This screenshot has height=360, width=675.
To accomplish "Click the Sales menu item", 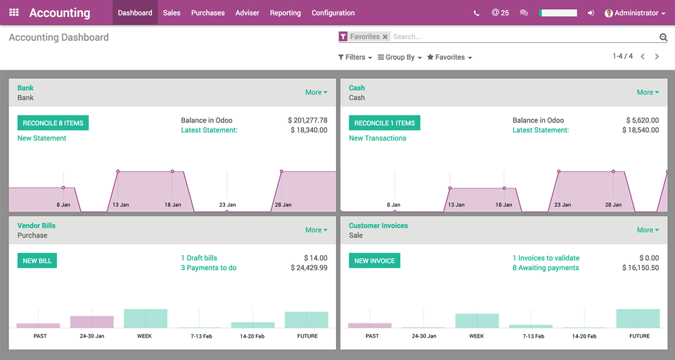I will (x=172, y=13).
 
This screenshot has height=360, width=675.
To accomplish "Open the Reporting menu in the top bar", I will (x=285, y=13).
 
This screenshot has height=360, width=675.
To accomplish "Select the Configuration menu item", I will (x=333, y=13).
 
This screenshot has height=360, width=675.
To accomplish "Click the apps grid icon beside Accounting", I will (x=14, y=13).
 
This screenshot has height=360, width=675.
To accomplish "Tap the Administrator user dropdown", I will (x=635, y=13).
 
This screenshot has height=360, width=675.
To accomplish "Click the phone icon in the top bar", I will (x=477, y=13).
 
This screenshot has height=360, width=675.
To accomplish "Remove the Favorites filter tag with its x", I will (x=385, y=37).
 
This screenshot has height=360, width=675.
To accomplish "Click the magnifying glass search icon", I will (x=663, y=37).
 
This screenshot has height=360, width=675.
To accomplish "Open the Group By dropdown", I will (x=400, y=57).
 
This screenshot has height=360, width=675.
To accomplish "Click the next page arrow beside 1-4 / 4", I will (x=657, y=56).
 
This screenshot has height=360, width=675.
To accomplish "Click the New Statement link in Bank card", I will (x=41, y=139).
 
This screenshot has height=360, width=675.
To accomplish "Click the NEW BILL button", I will (x=37, y=261).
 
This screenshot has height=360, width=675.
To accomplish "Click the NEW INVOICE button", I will (x=374, y=261).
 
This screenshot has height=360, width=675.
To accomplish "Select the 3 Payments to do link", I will (x=209, y=268).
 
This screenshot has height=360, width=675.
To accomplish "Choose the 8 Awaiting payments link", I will (x=546, y=268).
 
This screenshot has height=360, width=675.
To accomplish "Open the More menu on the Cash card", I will (x=648, y=92).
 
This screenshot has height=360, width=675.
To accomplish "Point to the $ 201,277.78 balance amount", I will (x=307, y=120).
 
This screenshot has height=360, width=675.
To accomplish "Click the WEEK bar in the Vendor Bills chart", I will (x=146, y=319).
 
